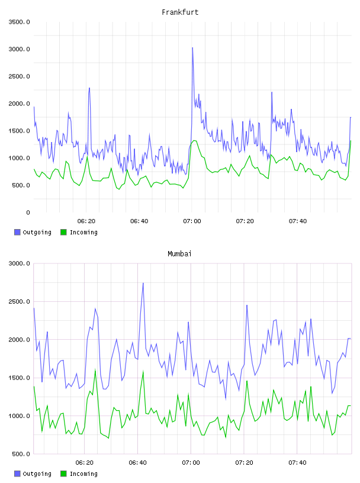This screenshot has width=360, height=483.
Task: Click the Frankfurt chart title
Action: (x=180, y=12)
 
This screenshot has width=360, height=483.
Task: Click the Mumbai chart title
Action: (x=179, y=254)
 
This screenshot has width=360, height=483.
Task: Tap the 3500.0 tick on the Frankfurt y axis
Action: (x=20, y=22)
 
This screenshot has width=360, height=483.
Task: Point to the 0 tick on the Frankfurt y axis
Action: (x=28, y=212)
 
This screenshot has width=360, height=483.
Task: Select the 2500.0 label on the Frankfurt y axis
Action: (x=20, y=76)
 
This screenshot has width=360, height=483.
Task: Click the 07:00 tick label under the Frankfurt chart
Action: (x=192, y=221)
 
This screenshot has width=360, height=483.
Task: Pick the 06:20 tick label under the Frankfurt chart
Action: (x=86, y=221)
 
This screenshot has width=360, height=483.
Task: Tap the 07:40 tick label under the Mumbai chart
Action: (x=297, y=462)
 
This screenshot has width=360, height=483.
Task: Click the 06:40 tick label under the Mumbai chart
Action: (x=138, y=462)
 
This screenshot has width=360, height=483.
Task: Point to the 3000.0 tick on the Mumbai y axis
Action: (x=20, y=263)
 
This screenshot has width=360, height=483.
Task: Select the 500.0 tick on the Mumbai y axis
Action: (x=21, y=454)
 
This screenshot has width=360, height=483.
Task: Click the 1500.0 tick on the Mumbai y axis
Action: (x=20, y=378)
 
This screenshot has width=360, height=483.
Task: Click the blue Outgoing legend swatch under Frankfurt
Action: (x=17, y=232)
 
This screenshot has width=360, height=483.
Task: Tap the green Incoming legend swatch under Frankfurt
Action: (x=63, y=232)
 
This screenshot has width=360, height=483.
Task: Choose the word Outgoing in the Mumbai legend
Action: (x=37, y=474)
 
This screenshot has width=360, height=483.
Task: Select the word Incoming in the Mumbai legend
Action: (x=84, y=474)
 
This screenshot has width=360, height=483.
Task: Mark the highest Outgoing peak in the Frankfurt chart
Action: (x=192, y=48)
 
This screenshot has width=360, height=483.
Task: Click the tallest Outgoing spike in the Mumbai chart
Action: (x=143, y=283)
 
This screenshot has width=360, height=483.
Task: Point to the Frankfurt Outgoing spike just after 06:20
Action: (x=89, y=88)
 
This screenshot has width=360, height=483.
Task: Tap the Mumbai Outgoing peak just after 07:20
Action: (x=247, y=305)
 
